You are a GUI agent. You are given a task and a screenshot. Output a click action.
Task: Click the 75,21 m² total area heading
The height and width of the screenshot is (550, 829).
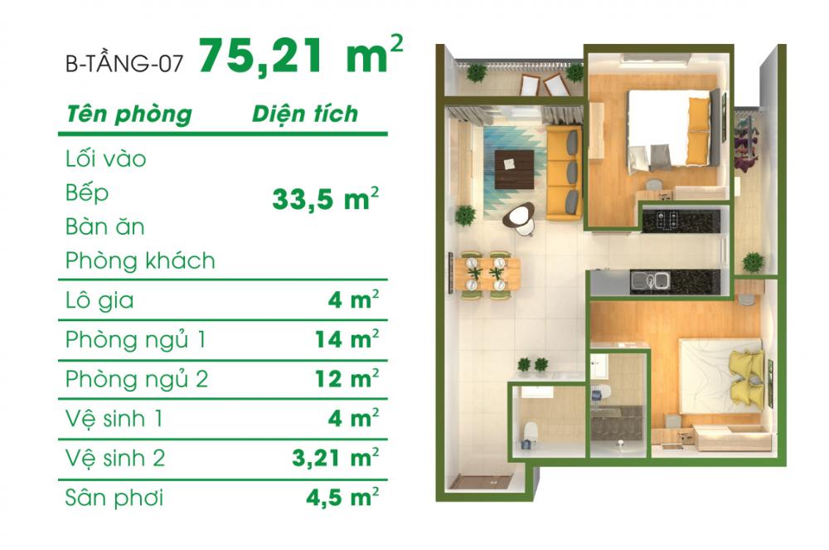pos(301,56)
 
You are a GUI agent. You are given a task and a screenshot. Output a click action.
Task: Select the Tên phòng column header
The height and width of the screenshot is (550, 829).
pos(128,114)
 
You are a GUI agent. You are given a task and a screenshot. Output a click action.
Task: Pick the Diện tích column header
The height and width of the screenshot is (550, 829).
pos(304,114)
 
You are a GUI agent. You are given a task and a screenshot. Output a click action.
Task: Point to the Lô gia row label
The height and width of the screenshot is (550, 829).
pos(99,301)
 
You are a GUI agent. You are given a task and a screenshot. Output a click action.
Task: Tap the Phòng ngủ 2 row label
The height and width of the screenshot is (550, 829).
pos(137,380)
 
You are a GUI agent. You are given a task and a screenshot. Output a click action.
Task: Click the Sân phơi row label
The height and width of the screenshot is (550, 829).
pos(114,498)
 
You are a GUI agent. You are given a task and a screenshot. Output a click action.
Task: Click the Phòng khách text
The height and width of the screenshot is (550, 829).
pos(140,260)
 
